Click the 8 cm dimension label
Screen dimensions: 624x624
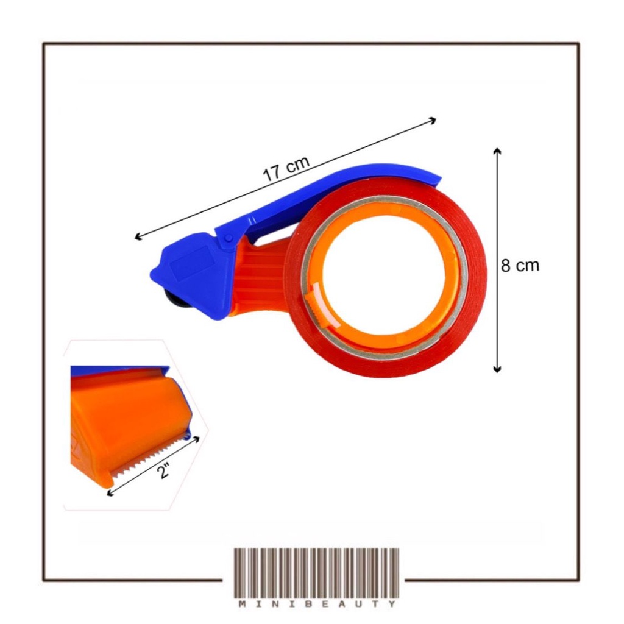(520, 265)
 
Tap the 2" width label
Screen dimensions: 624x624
(163, 471)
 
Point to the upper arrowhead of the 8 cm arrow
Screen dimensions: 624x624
(497, 151)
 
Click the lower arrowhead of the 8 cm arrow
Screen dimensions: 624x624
(497, 369)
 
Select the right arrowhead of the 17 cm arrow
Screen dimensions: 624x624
(433, 120)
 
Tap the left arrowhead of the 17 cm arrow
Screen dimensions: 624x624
(138, 237)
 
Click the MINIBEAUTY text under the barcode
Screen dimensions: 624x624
(317, 604)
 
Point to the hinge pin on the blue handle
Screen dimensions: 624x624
(229, 238)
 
